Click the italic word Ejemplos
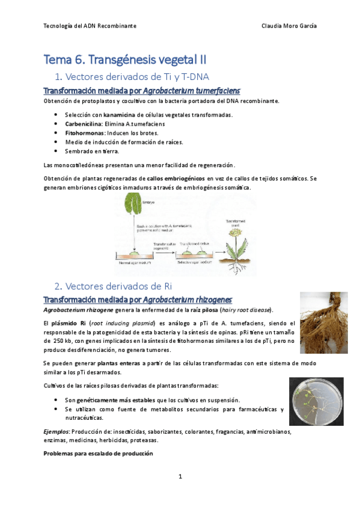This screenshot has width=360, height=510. (56, 431)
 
